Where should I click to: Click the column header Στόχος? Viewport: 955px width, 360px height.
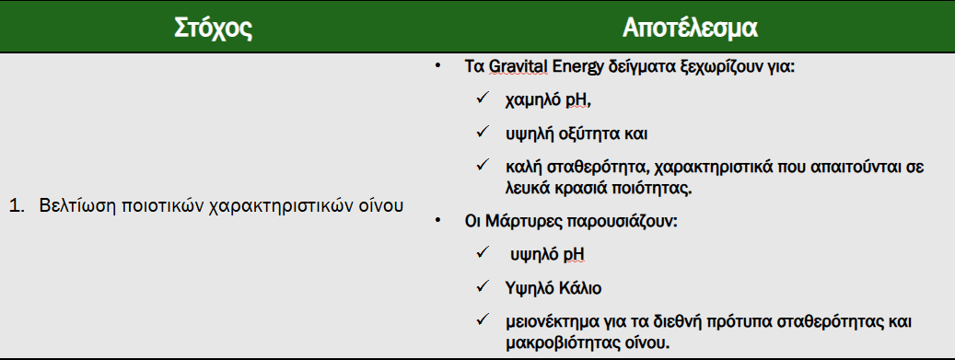tap(214, 28)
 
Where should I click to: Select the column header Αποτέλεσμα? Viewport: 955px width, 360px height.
tap(690, 28)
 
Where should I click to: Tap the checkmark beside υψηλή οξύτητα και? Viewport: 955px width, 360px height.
tap(482, 134)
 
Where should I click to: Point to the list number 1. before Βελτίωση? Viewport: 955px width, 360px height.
tap(17, 205)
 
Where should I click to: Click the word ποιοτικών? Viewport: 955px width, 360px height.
tap(152, 205)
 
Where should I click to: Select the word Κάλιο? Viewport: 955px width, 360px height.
tap(579, 287)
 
